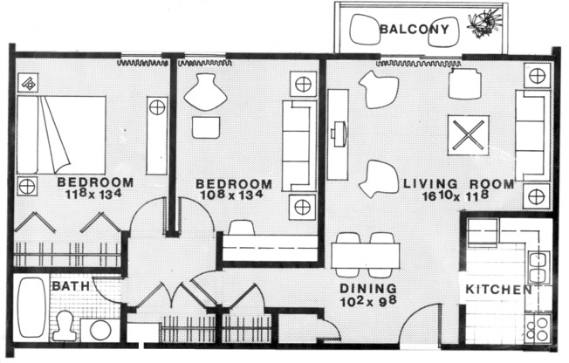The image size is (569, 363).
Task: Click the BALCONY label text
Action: click(414, 31)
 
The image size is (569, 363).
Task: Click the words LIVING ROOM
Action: click(446, 184)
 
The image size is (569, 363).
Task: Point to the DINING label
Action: click(368, 289)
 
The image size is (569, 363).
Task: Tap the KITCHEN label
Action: click(498, 290)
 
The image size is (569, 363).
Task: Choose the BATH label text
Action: click(67, 286)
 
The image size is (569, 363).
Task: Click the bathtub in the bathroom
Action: click(31, 307)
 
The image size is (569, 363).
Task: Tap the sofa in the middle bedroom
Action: click(298, 145)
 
